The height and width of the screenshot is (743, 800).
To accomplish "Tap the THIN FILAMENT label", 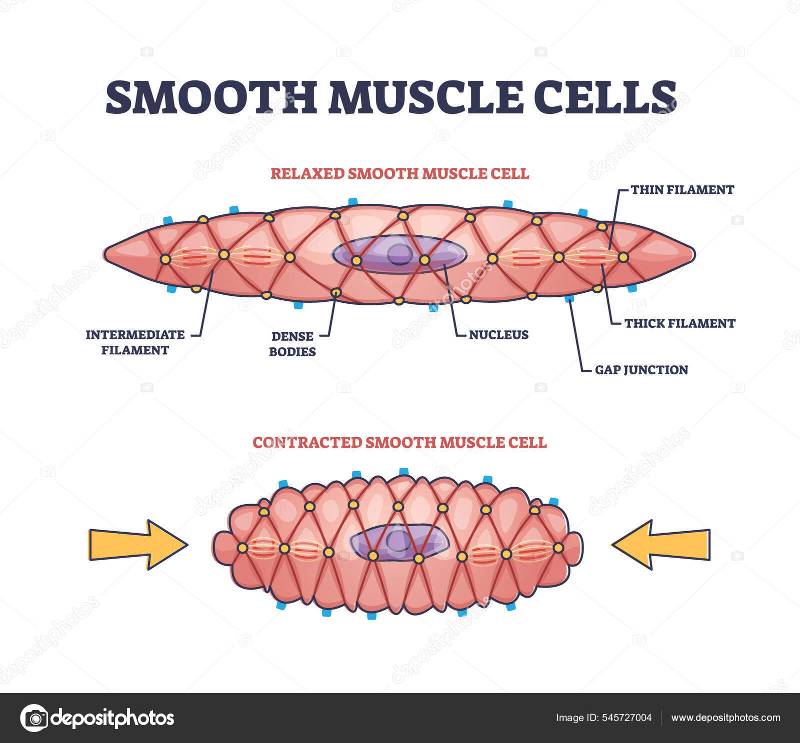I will point(682,190).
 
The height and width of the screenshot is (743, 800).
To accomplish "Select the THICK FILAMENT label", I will point(679,323).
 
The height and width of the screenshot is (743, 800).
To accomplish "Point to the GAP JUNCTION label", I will point(641,370).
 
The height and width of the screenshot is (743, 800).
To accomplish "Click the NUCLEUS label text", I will point(498,335).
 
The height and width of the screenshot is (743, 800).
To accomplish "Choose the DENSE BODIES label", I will point(292,344).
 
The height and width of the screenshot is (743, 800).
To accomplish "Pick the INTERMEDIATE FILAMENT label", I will point(135,342).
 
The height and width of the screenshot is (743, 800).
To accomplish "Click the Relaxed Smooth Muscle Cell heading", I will point(399,173).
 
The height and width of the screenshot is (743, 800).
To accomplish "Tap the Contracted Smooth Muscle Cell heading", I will point(399,443).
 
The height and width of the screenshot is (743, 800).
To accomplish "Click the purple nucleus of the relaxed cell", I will point(399,254).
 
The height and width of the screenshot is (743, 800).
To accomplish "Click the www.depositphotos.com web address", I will point(725,718).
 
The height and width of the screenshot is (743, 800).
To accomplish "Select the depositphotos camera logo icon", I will point(34,718).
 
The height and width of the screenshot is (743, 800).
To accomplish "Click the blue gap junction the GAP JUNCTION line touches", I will point(568,299).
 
